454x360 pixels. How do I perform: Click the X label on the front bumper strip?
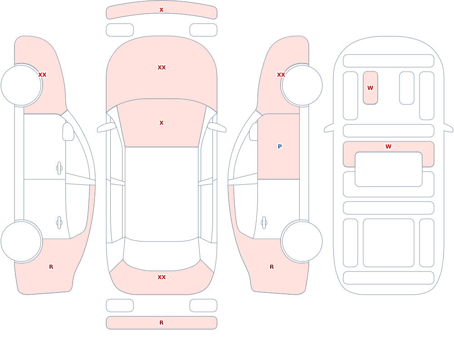click(x=161, y=10)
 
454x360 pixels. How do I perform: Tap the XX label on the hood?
click(x=162, y=68)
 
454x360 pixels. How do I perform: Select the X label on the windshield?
click(x=161, y=123)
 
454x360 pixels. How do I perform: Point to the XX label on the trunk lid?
click(x=162, y=277)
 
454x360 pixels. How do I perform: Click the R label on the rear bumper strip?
click(x=161, y=323)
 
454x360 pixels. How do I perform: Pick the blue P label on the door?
click(x=279, y=147)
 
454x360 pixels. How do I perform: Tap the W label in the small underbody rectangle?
click(x=370, y=88)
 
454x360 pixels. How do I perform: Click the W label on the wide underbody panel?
click(x=388, y=147)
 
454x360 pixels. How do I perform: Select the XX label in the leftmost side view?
click(x=42, y=75)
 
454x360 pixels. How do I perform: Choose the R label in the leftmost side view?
click(x=51, y=267)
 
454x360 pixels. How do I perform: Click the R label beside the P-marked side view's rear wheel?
click(x=271, y=267)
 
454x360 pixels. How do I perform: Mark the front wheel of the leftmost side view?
click(x=21, y=85)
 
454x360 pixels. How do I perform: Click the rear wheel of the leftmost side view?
click(x=21, y=241)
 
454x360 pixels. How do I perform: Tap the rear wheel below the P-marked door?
click(x=302, y=241)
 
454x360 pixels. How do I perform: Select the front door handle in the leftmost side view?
click(x=59, y=168)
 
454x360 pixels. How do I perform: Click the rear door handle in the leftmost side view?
click(x=59, y=223)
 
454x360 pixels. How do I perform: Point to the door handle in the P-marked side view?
click(x=264, y=223)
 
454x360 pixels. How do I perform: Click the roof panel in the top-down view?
click(x=162, y=194)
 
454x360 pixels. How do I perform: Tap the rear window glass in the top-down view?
click(x=162, y=255)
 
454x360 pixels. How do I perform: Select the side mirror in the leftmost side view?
click(x=68, y=132)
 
